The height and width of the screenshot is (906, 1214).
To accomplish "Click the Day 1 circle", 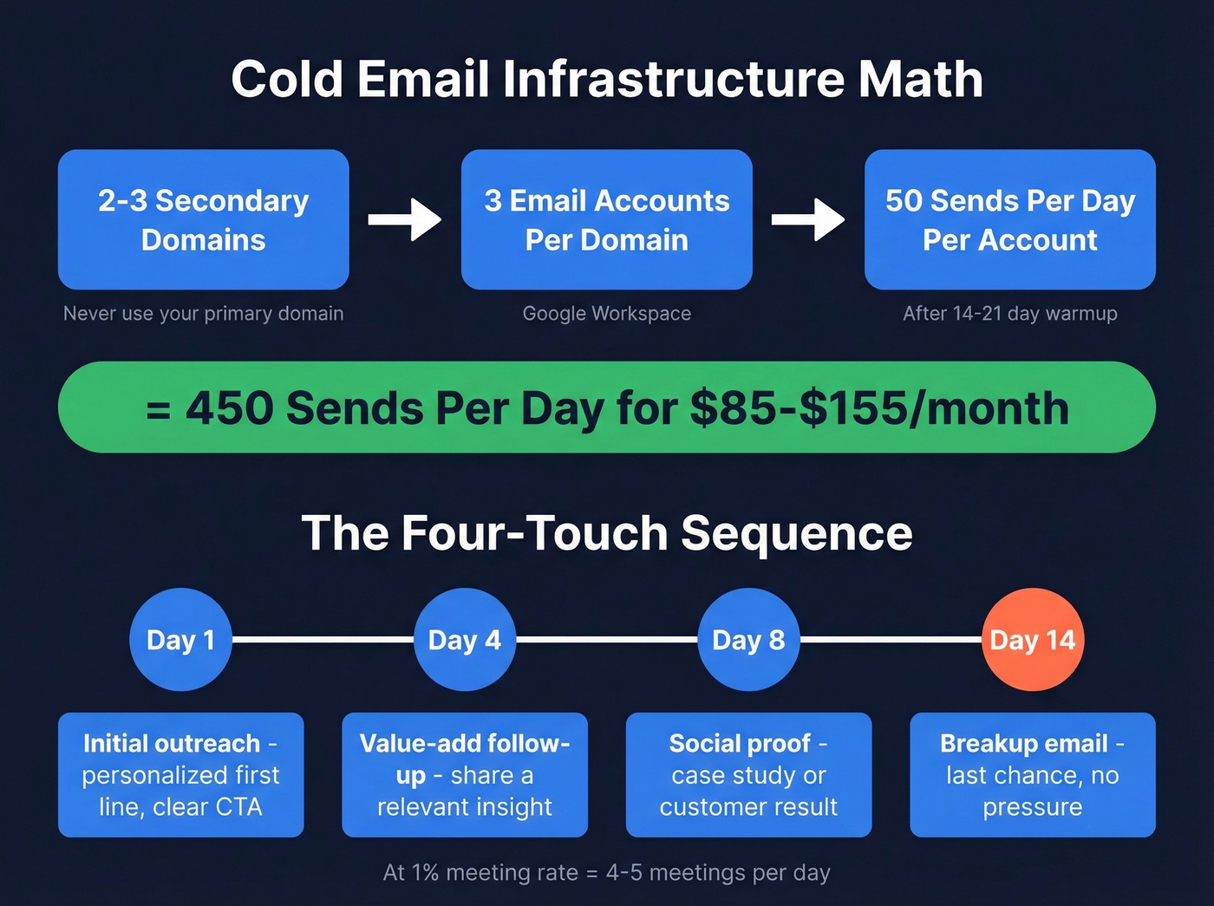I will (180, 640).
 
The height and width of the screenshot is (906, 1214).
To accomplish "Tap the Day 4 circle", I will (465, 640).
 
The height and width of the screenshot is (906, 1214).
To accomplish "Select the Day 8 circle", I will (748, 640).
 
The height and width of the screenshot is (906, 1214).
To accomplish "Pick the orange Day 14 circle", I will (1032, 640).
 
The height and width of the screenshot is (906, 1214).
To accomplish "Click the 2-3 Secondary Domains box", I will (204, 219).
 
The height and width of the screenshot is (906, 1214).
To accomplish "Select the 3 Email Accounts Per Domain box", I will (607, 219).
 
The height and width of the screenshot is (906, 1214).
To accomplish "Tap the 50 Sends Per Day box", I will (1010, 219).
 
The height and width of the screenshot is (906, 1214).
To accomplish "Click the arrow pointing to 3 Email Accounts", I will (405, 219).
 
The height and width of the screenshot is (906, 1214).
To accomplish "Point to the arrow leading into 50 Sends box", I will (808, 219).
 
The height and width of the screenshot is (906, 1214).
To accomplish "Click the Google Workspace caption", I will (607, 313).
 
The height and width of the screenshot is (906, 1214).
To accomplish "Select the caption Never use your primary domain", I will (204, 313).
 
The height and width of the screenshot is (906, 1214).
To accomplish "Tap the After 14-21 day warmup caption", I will (1010, 313).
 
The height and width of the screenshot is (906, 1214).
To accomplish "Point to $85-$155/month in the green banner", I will (879, 407).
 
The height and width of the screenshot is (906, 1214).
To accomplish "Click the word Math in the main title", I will (921, 79).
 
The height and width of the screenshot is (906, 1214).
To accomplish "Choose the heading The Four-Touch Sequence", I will (607, 532).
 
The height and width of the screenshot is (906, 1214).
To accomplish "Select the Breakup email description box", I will (1032, 774).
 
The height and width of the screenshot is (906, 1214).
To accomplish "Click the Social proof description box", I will (748, 774).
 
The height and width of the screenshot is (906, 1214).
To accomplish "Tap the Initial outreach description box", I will (180, 774).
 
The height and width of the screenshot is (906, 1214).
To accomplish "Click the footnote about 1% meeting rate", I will (607, 872).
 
